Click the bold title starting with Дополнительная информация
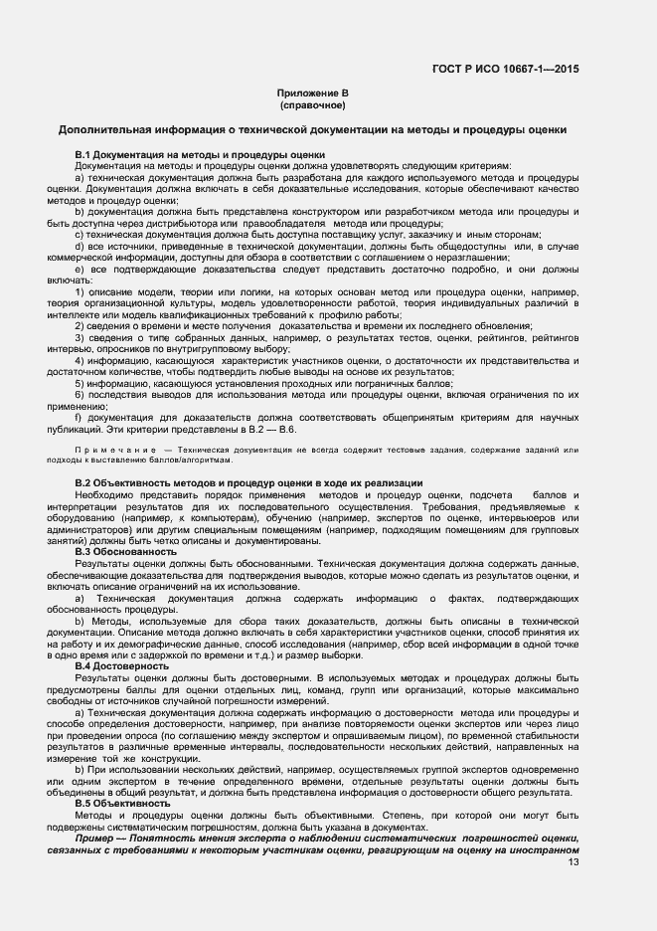point(312,129)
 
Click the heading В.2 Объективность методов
point(248,482)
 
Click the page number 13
point(574,861)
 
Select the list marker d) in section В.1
point(80,245)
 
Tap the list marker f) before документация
point(79,418)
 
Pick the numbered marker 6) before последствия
point(80,395)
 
